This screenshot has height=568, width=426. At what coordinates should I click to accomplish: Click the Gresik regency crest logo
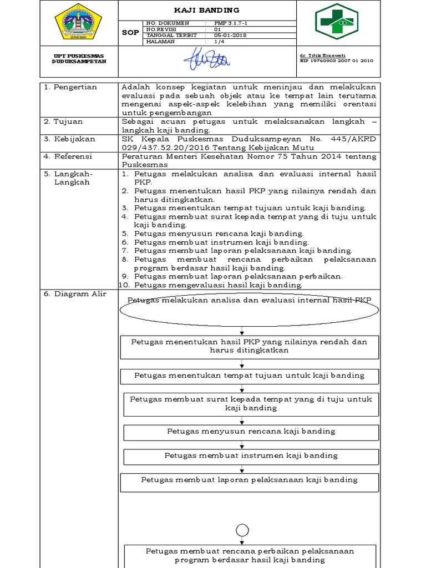tap(78, 22)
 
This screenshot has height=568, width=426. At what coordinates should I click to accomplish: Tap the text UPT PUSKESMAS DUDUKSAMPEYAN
tap(78, 59)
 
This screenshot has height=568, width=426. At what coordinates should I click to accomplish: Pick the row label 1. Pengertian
tap(70, 87)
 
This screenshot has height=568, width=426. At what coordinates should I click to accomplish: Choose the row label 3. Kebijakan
tap(70, 139)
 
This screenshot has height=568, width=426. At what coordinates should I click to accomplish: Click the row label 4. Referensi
tap(70, 156)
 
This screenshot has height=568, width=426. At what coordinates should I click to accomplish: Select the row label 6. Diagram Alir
tap(75, 294)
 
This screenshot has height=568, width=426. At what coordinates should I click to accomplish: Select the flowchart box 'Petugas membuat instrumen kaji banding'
tap(251, 455)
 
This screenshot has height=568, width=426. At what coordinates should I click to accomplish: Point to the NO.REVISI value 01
tap(217, 29)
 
